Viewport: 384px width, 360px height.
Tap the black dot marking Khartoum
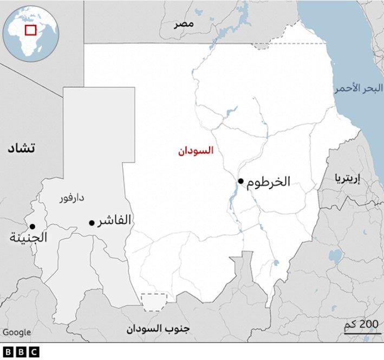pos(240,181)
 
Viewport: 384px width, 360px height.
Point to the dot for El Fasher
pos(92,222)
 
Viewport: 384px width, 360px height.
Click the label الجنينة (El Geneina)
pos(29,237)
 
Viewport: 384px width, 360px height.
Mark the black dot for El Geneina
pos(32,226)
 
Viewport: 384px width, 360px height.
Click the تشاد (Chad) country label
pos(21,148)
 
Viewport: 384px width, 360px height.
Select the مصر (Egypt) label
pos(184,24)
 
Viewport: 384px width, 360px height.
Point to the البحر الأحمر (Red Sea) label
pos(358,88)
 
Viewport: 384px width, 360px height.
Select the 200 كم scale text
pos(361,325)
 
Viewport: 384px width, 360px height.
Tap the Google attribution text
pos(16,332)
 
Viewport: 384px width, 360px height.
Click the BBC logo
pos(21,352)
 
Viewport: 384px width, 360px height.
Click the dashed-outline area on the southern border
pos(154,301)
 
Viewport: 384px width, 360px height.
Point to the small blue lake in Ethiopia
pos(334,255)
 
